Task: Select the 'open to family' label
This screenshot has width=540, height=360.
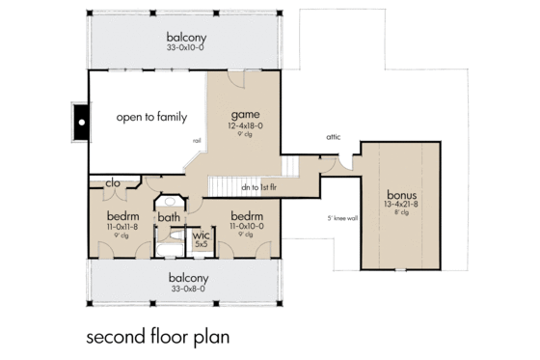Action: tap(149, 118)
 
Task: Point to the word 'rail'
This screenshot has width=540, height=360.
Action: tap(197, 141)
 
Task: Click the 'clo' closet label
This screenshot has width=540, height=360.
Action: tap(111, 180)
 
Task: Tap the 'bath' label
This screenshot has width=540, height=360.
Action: tap(169, 217)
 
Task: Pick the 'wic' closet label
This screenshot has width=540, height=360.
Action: tap(201, 235)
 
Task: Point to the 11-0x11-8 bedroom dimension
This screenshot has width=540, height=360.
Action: tap(122, 226)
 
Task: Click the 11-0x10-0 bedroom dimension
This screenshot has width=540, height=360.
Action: tap(248, 226)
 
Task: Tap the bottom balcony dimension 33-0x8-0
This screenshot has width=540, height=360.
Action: tap(187, 290)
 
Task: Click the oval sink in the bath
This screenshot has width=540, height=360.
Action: tap(171, 202)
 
